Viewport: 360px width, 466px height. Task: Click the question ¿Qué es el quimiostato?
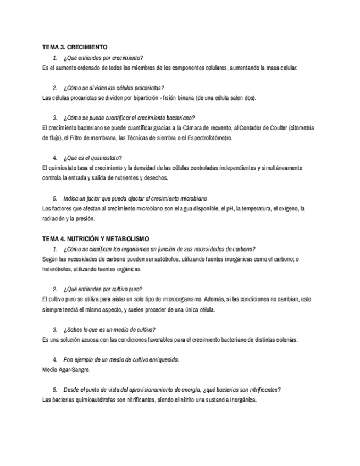(x=92, y=158)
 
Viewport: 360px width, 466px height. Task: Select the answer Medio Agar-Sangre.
(x=66, y=370)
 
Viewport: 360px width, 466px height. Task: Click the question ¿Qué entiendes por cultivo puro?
(x=103, y=289)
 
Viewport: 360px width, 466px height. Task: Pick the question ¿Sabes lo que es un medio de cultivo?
(x=109, y=330)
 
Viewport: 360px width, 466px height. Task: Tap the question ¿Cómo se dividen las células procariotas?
(x=113, y=88)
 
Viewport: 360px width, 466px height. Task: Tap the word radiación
(x=53, y=219)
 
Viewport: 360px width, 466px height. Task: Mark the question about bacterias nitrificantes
(x=171, y=390)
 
